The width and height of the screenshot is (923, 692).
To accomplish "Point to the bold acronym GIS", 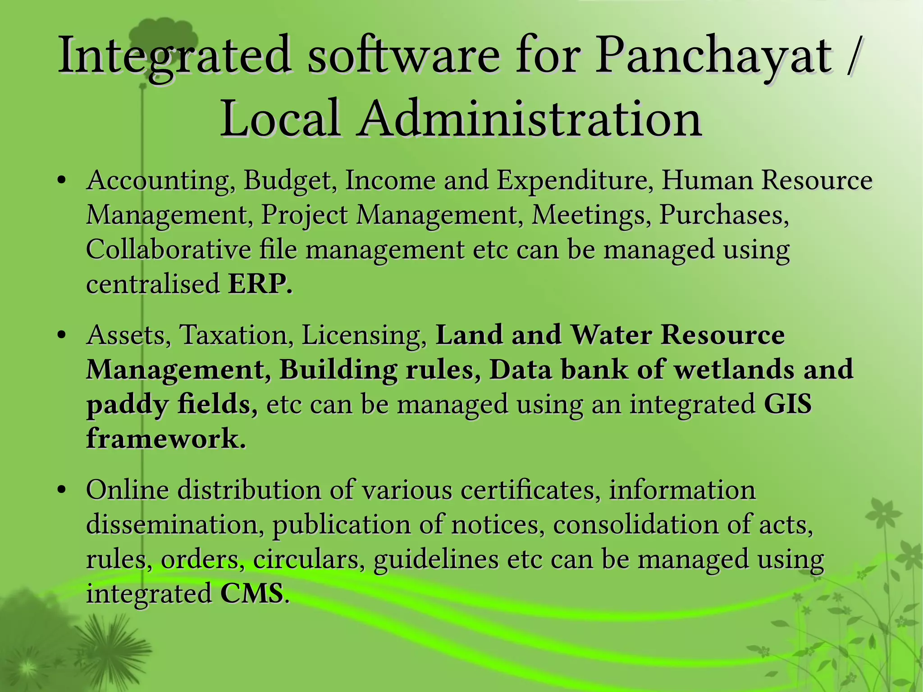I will pyautogui.click(x=788, y=404).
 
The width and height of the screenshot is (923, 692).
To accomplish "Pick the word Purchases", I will pyautogui.click(x=724, y=215).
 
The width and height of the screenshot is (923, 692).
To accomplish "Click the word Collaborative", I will pyautogui.click(x=169, y=249).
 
